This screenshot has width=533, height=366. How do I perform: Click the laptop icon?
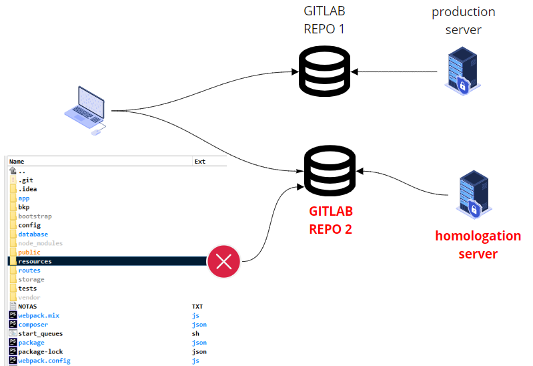pyautogui.click(x=85, y=110)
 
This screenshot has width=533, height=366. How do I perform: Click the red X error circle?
pyautogui.click(x=224, y=261)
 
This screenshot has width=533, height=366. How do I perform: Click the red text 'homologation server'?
pyautogui.click(x=478, y=245)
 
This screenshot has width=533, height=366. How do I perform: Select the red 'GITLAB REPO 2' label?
pyautogui.click(x=330, y=220)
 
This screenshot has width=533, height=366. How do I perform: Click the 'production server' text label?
pyautogui.click(x=463, y=21)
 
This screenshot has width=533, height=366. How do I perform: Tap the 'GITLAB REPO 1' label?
pyautogui.click(x=324, y=19)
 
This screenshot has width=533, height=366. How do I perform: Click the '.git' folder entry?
pyautogui.click(x=26, y=180)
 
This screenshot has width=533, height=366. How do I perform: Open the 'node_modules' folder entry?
pyautogui.click(x=40, y=244)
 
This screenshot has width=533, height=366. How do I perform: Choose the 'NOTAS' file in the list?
pyautogui.click(x=28, y=307)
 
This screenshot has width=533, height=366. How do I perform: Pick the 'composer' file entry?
pyautogui.click(x=33, y=325)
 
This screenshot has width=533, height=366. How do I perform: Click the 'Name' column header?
pyautogui.click(x=17, y=162)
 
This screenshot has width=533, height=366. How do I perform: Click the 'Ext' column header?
pyautogui.click(x=199, y=162)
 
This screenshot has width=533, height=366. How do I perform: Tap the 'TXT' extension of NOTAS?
pyautogui.click(x=197, y=307)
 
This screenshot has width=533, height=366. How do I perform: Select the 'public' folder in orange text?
pyautogui.click(x=29, y=252)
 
